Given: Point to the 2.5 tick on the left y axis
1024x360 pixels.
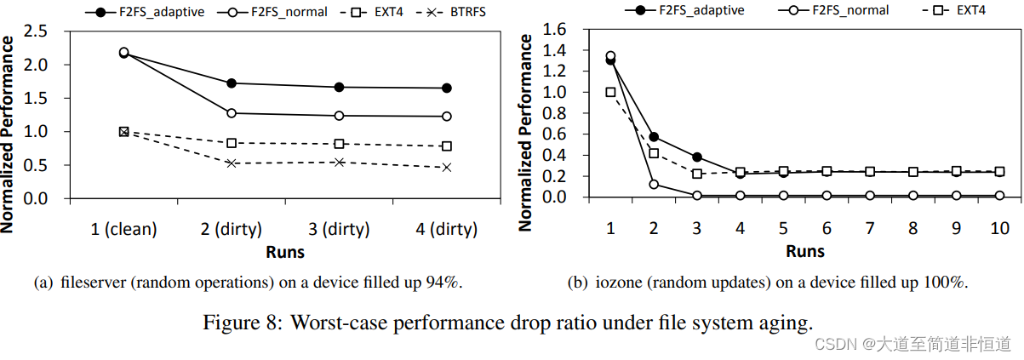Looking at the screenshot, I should (x=39, y=31).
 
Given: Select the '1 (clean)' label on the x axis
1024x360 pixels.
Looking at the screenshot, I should (x=123, y=229).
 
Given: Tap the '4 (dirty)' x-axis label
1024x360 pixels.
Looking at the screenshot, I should (x=447, y=229).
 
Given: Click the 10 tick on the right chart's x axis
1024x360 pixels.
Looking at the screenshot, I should (x=999, y=229).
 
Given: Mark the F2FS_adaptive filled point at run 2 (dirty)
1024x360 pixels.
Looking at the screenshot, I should (x=232, y=83).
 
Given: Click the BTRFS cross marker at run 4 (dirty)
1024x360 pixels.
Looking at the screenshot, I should (x=447, y=168).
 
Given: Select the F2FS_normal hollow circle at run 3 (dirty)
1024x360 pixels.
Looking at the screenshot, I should (x=339, y=116).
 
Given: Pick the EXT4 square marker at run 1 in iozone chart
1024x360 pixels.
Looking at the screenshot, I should (x=610, y=92).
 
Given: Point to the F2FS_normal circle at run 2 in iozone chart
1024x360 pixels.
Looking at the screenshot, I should (x=654, y=184).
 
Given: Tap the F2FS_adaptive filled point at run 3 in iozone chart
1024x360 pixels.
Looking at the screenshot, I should (x=697, y=157).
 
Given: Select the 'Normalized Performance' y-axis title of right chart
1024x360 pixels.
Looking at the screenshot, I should (x=525, y=132).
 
